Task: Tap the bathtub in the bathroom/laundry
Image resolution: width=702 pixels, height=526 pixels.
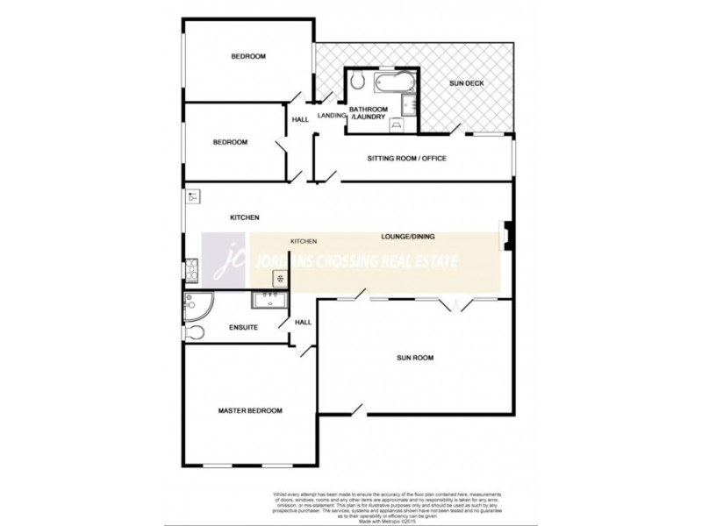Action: click(x=392, y=84)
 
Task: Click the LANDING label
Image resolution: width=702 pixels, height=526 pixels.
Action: click(x=330, y=114)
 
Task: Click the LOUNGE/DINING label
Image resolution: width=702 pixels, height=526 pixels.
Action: click(x=408, y=236)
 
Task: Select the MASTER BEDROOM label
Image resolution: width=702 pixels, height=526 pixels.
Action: click(x=250, y=410)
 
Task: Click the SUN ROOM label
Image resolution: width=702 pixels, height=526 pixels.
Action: click(x=415, y=358)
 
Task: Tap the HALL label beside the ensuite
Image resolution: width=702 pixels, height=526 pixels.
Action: click(x=303, y=323)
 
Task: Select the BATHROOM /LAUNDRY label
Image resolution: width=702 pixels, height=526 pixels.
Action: click(x=369, y=112)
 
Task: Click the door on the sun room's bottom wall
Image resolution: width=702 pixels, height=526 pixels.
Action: click(x=356, y=411)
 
